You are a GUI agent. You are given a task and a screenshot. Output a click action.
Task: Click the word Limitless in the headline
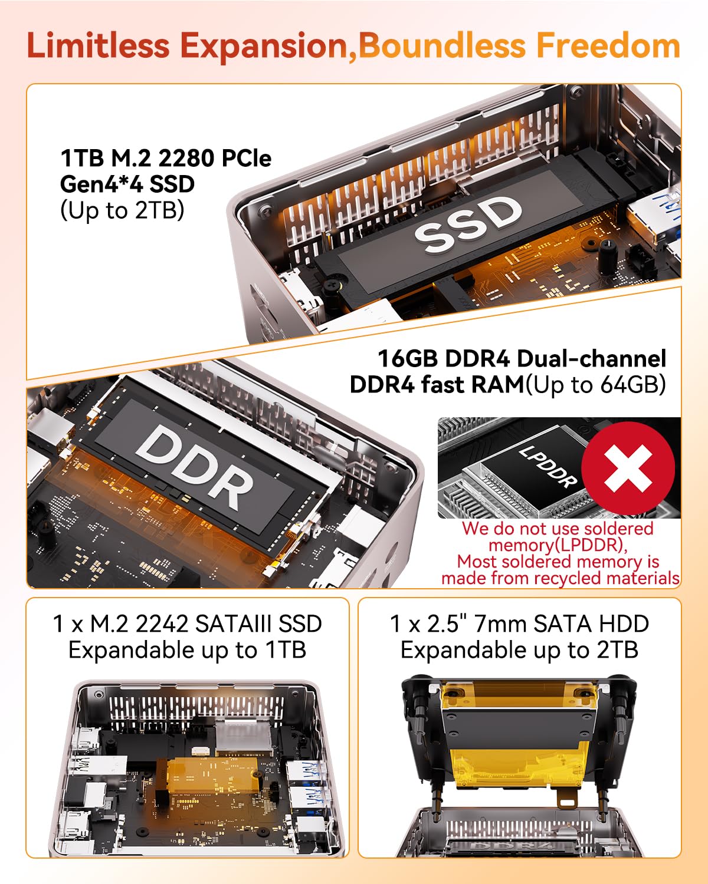coord(98,46)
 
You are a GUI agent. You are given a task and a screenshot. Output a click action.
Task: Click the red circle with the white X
coord(628,468)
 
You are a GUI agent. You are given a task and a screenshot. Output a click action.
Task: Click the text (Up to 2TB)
coord(122,210)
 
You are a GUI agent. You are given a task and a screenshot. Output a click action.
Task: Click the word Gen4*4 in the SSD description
coord(101,184)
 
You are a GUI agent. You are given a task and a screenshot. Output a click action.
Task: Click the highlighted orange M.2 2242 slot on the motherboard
coord(214,776)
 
